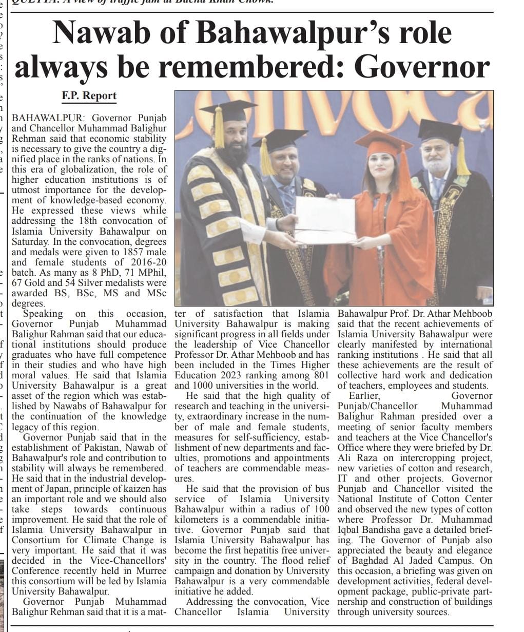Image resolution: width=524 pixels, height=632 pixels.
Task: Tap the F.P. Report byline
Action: [x=89, y=96]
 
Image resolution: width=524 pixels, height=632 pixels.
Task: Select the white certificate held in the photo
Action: [x=325, y=220]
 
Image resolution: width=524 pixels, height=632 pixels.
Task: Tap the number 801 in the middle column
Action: [x=320, y=375]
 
